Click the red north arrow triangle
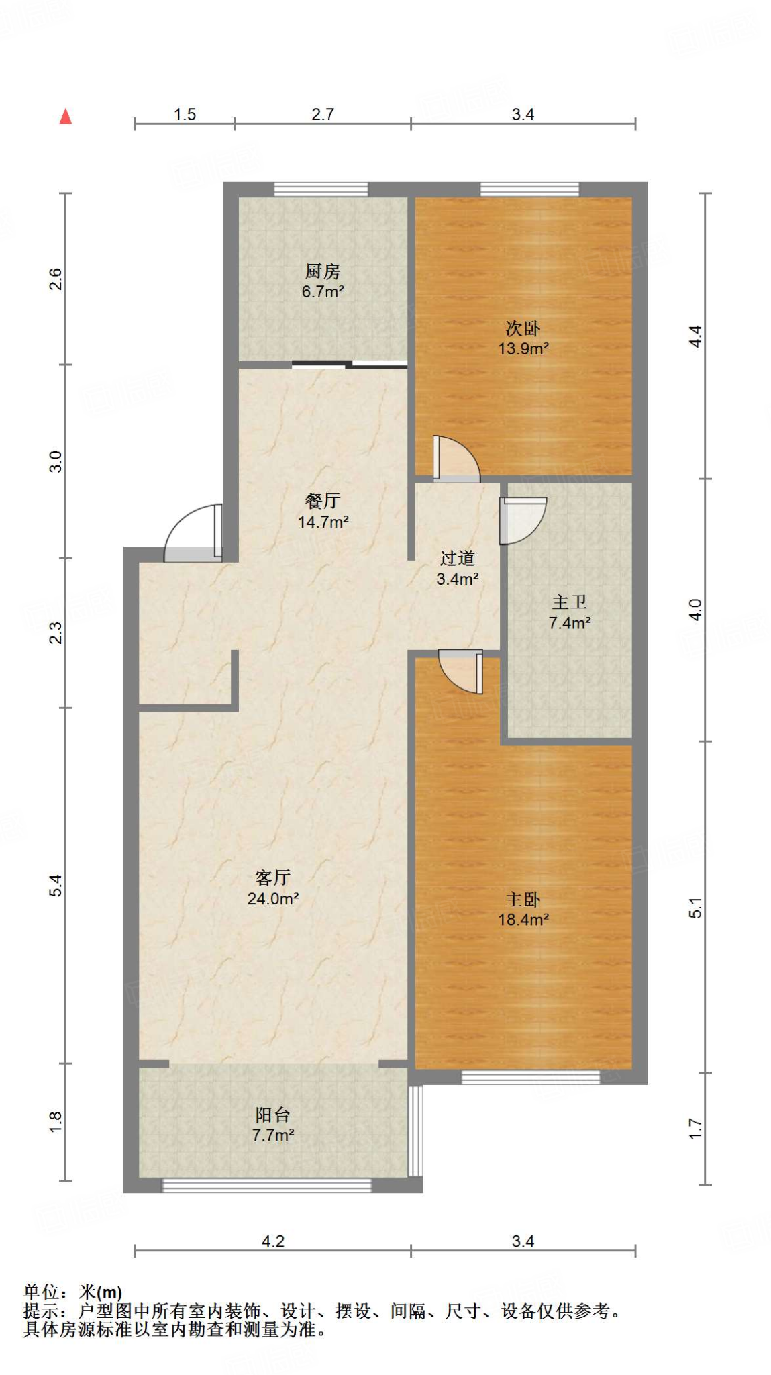pyautogui.click(x=65, y=117)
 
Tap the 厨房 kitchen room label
pyautogui.click(x=322, y=271)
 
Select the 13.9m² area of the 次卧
pyautogui.click(x=523, y=349)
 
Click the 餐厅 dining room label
pyautogui.click(x=322, y=501)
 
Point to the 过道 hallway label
pyautogui.click(x=457, y=558)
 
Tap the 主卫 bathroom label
pyautogui.click(x=569, y=602)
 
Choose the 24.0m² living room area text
pyautogui.click(x=272, y=898)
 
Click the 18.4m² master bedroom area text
pyautogui.click(x=523, y=920)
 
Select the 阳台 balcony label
pyautogui.click(x=272, y=1115)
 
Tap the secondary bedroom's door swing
pyautogui.click(x=455, y=459)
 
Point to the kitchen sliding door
pyautogui.click(x=350, y=365)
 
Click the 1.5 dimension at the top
pyautogui.click(x=185, y=115)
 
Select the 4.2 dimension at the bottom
pyautogui.click(x=272, y=1241)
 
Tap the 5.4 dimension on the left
pyautogui.click(x=56, y=885)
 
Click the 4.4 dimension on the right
pyautogui.click(x=696, y=336)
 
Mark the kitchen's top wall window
pyautogui.click(x=321, y=189)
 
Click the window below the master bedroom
pyautogui.click(x=530, y=1077)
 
